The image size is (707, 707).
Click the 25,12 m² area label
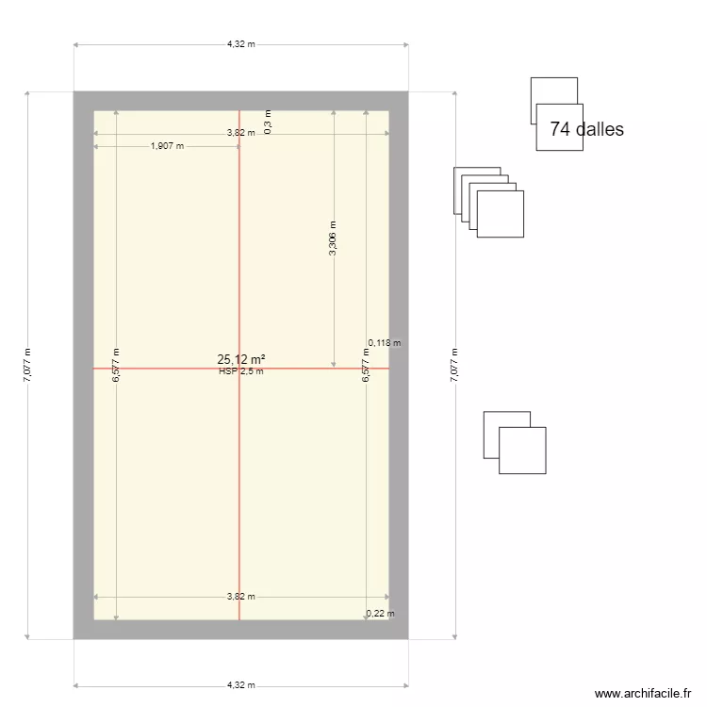pos(240,359)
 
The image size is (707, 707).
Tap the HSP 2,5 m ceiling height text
pos(240,371)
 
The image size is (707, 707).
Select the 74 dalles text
pos(586,130)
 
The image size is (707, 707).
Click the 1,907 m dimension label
pos(168,146)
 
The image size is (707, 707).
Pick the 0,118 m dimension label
pos(384,343)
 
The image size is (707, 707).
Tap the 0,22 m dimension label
pos(381,614)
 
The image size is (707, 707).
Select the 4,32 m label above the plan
pos(240,43)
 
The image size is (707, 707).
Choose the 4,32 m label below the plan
pos(240,685)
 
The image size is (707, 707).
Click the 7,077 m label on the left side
pos(27,365)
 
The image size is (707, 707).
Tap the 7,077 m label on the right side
pos(454,365)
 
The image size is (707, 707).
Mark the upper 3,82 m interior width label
pos(240,133)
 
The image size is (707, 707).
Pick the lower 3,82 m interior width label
pos(240,597)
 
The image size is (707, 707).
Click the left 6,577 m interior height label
pos(116,365)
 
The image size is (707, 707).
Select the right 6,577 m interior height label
pos(366,365)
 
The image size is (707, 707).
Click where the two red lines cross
pos(239,368)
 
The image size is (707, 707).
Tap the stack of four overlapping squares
pos(488,202)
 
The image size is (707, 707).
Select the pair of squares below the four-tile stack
pos(515,442)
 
